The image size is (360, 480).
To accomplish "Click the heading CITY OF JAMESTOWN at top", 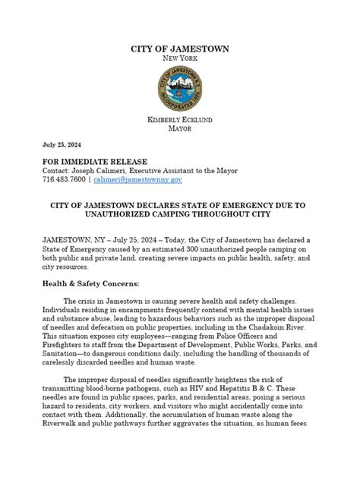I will point(179,49).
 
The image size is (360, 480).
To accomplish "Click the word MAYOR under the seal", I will point(179,130).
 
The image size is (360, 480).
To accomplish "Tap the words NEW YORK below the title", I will point(179,59).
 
